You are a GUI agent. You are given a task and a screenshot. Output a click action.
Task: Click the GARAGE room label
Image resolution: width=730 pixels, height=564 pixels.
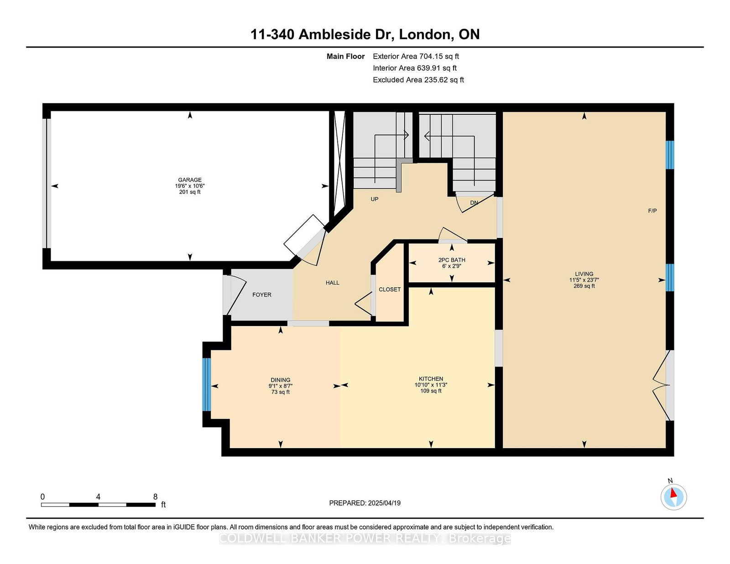point(190,180)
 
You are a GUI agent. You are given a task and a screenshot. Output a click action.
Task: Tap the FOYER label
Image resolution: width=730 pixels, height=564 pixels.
point(262,295)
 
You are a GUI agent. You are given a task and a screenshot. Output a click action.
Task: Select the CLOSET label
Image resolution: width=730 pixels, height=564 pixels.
point(390,290)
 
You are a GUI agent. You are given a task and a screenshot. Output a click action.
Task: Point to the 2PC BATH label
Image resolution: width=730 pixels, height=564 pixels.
point(452,260)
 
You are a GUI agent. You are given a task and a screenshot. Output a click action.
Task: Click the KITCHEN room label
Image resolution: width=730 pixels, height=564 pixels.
point(431,379)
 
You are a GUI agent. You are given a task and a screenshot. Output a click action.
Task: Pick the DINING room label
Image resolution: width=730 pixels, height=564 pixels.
point(281,380)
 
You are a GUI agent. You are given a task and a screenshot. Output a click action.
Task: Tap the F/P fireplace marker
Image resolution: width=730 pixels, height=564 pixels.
point(652,211)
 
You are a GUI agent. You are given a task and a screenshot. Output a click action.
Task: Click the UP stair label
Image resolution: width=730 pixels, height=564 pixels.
point(375,199)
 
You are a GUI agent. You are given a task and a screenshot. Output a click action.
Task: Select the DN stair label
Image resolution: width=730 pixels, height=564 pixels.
point(474,203)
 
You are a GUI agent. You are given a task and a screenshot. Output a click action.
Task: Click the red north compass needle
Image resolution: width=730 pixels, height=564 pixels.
point(673,493)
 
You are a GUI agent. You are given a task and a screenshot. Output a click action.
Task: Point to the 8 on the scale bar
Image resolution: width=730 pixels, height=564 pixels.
point(155,497)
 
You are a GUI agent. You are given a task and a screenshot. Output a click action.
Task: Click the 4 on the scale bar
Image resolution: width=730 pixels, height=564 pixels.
point(98,497)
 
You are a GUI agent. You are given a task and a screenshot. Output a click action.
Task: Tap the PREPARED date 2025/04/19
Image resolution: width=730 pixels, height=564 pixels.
point(384,503)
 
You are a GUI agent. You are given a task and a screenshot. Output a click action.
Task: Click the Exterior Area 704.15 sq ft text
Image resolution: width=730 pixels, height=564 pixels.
point(416,57)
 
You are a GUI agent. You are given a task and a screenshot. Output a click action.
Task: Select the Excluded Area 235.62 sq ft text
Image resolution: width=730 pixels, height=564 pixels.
point(418,80)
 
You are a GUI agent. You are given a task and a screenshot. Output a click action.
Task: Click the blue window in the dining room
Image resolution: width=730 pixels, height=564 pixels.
point(207,385)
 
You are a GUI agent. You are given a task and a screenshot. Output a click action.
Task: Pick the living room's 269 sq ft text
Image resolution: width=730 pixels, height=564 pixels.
point(584,286)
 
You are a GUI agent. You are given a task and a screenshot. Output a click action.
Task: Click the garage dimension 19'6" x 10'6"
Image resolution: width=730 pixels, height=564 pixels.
point(190,186)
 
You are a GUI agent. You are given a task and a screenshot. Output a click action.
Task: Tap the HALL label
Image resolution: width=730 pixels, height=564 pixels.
point(333,283)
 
